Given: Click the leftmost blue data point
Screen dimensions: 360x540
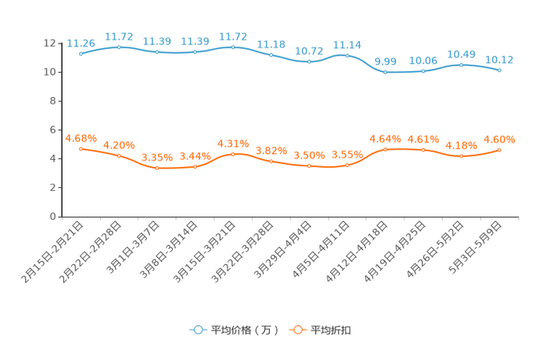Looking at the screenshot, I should pyautogui.click(x=81, y=54).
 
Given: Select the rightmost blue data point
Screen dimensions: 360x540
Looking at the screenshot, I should pyautogui.click(x=499, y=70).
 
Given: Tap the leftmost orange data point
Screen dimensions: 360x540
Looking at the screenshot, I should pyautogui.click(x=81, y=148).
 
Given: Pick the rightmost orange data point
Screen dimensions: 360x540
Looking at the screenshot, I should pyautogui.click(x=499, y=150).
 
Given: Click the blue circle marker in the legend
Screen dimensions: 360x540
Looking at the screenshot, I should pyautogui.click(x=197, y=330).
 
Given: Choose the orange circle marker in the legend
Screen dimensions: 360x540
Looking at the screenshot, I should pyautogui.click(x=298, y=330).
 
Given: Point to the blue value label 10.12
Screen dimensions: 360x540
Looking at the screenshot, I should pyautogui.click(x=499, y=59).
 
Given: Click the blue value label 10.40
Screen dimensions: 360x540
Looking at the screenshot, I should pyautogui.click(x=461, y=54).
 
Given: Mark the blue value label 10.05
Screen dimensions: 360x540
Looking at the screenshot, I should pyautogui.click(x=423, y=61).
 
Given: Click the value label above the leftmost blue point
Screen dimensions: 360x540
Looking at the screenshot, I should pyautogui.click(x=81, y=43).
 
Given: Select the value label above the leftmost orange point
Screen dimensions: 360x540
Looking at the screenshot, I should pyautogui.click(x=81, y=137).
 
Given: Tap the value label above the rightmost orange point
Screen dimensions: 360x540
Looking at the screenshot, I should pyautogui.click(x=499, y=139).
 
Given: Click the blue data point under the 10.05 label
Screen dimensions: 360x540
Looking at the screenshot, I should pyautogui.click(x=423, y=71).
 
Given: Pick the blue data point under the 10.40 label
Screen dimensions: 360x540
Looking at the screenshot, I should pyautogui.click(x=461, y=65).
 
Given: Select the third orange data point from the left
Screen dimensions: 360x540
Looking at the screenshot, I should pyautogui.click(x=157, y=168).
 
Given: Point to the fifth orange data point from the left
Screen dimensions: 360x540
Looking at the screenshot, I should pyautogui.click(x=233, y=154).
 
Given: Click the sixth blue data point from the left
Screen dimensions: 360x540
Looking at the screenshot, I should pyautogui.click(x=271, y=55).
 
